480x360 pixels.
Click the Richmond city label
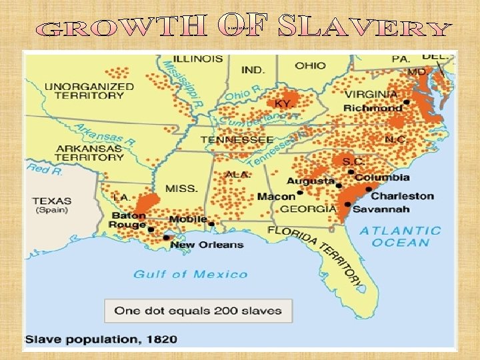click(373, 108)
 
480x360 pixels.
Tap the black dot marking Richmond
click(406, 105)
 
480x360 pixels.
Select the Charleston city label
click(402, 196)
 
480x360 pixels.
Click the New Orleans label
click(207, 245)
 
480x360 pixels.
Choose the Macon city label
click(276, 196)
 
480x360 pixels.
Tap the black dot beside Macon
click(300, 193)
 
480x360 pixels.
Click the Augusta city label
click(311, 181)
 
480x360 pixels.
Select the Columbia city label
click(382, 177)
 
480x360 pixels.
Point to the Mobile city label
click(187, 219)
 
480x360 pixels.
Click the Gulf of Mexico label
click(191, 274)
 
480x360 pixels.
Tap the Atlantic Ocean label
click(401, 236)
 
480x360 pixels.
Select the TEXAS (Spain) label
click(52, 205)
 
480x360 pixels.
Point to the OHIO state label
click(310, 65)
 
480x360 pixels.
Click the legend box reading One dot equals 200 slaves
click(198, 310)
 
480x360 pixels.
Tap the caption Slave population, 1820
click(101, 339)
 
